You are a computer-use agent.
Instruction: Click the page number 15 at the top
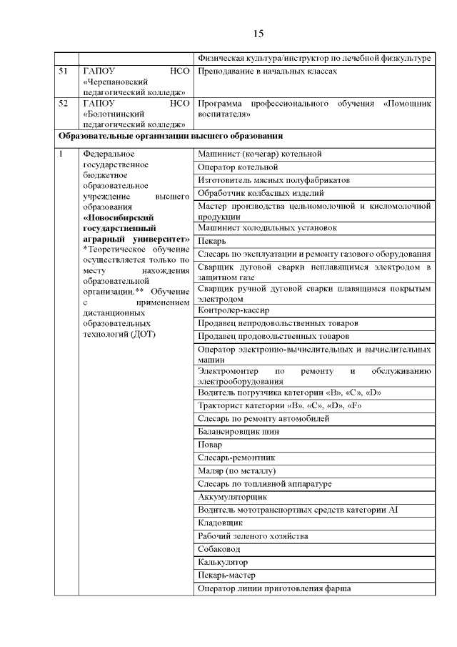[258, 34]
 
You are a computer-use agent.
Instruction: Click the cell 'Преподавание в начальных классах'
[266, 71]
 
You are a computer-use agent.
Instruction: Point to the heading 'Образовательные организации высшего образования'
[171, 136]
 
